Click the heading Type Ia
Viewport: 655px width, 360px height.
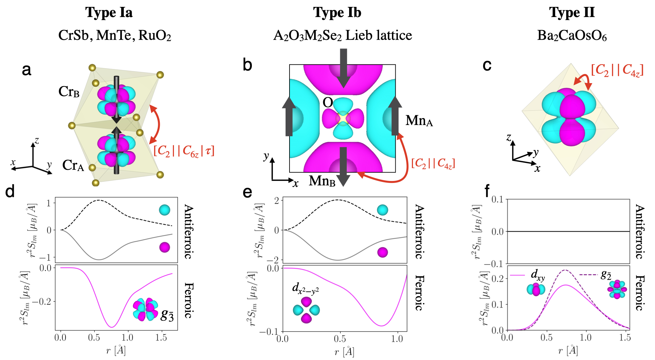pyautogui.click(x=109, y=12)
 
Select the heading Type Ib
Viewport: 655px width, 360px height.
pyautogui.click(x=337, y=12)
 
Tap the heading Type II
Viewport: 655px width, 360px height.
pyautogui.click(x=572, y=12)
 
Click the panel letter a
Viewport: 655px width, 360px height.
pyautogui.click(x=27, y=70)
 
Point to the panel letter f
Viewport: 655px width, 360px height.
pyautogui.click(x=487, y=191)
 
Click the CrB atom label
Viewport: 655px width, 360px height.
pyautogui.click(x=69, y=92)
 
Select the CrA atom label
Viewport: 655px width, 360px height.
pyautogui.click(x=73, y=166)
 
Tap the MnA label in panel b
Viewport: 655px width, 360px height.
pyautogui.click(x=419, y=121)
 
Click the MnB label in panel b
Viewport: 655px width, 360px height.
pyautogui.click(x=322, y=181)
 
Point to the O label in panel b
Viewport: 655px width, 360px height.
pyautogui.click(x=328, y=103)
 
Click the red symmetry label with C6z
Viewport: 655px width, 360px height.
pyautogui.click(x=184, y=151)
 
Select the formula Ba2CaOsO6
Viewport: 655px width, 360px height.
pyautogui.click(x=572, y=36)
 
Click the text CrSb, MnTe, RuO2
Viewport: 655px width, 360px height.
pyautogui.click(x=115, y=35)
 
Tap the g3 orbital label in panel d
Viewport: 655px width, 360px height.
pyautogui.click(x=167, y=315)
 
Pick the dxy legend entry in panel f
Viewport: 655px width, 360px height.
pyautogui.click(x=538, y=276)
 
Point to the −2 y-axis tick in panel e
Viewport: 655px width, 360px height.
pyautogui.click(x=276, y=260)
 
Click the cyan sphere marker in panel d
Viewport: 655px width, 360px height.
pyautogui.click(x=164, y=210)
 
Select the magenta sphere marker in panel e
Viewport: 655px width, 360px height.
pyautogui.click(x=382, y=252)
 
